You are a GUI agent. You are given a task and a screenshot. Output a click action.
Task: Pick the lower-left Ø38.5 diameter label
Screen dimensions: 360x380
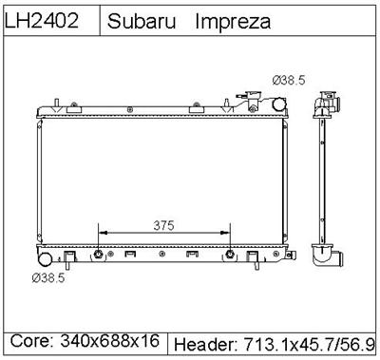click(49, 278)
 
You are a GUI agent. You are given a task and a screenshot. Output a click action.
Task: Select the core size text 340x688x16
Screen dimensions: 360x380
click(113, 340)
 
